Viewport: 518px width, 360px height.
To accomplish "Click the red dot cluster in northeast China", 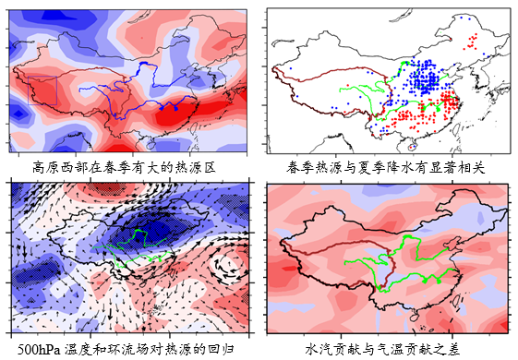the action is coord(471,42).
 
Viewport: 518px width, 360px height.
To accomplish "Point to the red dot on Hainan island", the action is coord(411,148).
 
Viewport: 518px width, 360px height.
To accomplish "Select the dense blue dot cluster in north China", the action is coord(426,78).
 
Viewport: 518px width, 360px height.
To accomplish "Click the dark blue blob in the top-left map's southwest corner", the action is coord(18,114).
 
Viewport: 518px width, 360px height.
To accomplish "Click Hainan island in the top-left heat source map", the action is coord(151,144).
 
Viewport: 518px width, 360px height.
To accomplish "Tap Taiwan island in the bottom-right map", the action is coord(458,301).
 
